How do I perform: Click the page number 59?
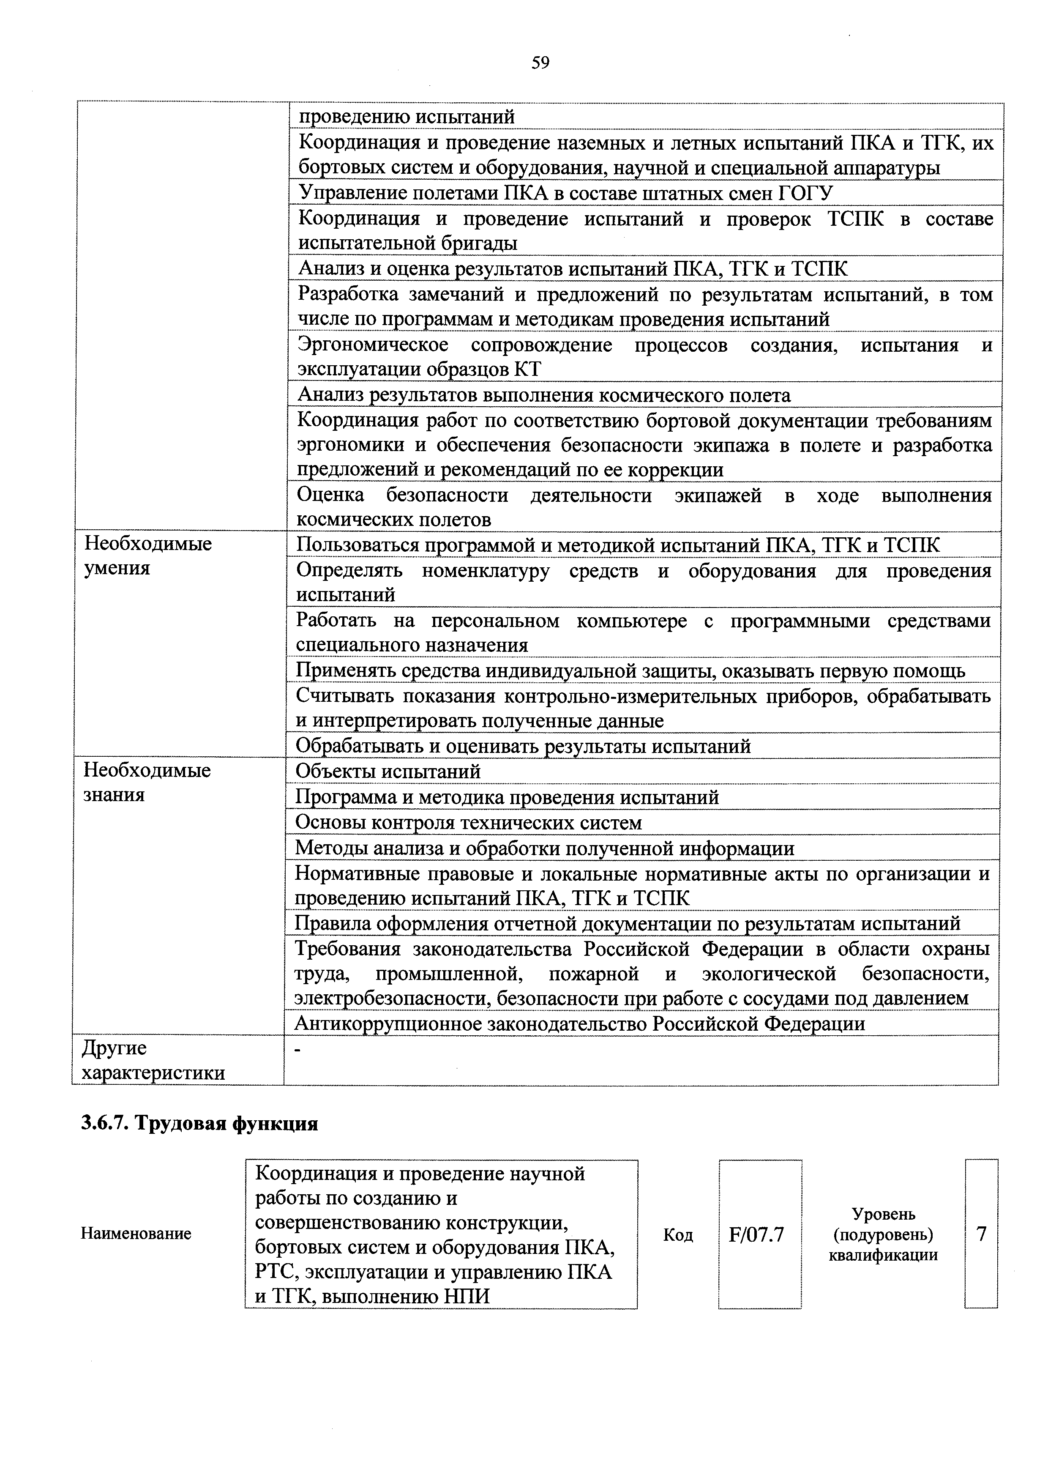pos(540,63)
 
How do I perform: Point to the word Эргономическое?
pos(373,345)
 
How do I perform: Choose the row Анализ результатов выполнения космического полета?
pos(544,395)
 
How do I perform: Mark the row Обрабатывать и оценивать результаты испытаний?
pos(523,747)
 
